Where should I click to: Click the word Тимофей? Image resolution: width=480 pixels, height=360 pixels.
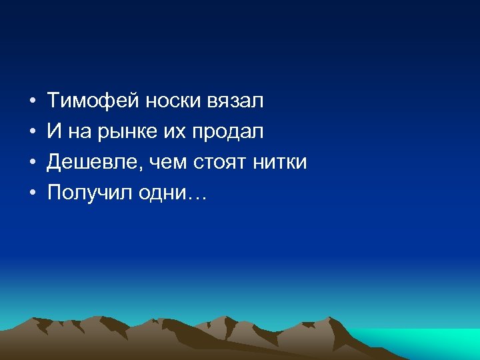click(x=92, y=101)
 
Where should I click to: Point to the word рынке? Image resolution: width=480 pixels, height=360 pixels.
click(x=119, y=132)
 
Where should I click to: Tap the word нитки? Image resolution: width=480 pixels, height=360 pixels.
click(x=280, y=162)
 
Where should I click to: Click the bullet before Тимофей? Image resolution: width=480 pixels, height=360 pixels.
click(x=32, y=102)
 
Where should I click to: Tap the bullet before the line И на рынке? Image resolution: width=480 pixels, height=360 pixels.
click(x=32, y=133)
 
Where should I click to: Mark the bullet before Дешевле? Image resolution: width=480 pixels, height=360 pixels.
click(x=32, y=163)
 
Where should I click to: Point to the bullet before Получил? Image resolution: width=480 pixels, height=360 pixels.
click(x=32, y=193)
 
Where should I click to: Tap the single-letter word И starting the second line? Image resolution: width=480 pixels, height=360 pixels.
click(x=53, y=132)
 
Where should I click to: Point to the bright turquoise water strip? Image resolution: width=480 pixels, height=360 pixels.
click(x=427, y=340)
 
